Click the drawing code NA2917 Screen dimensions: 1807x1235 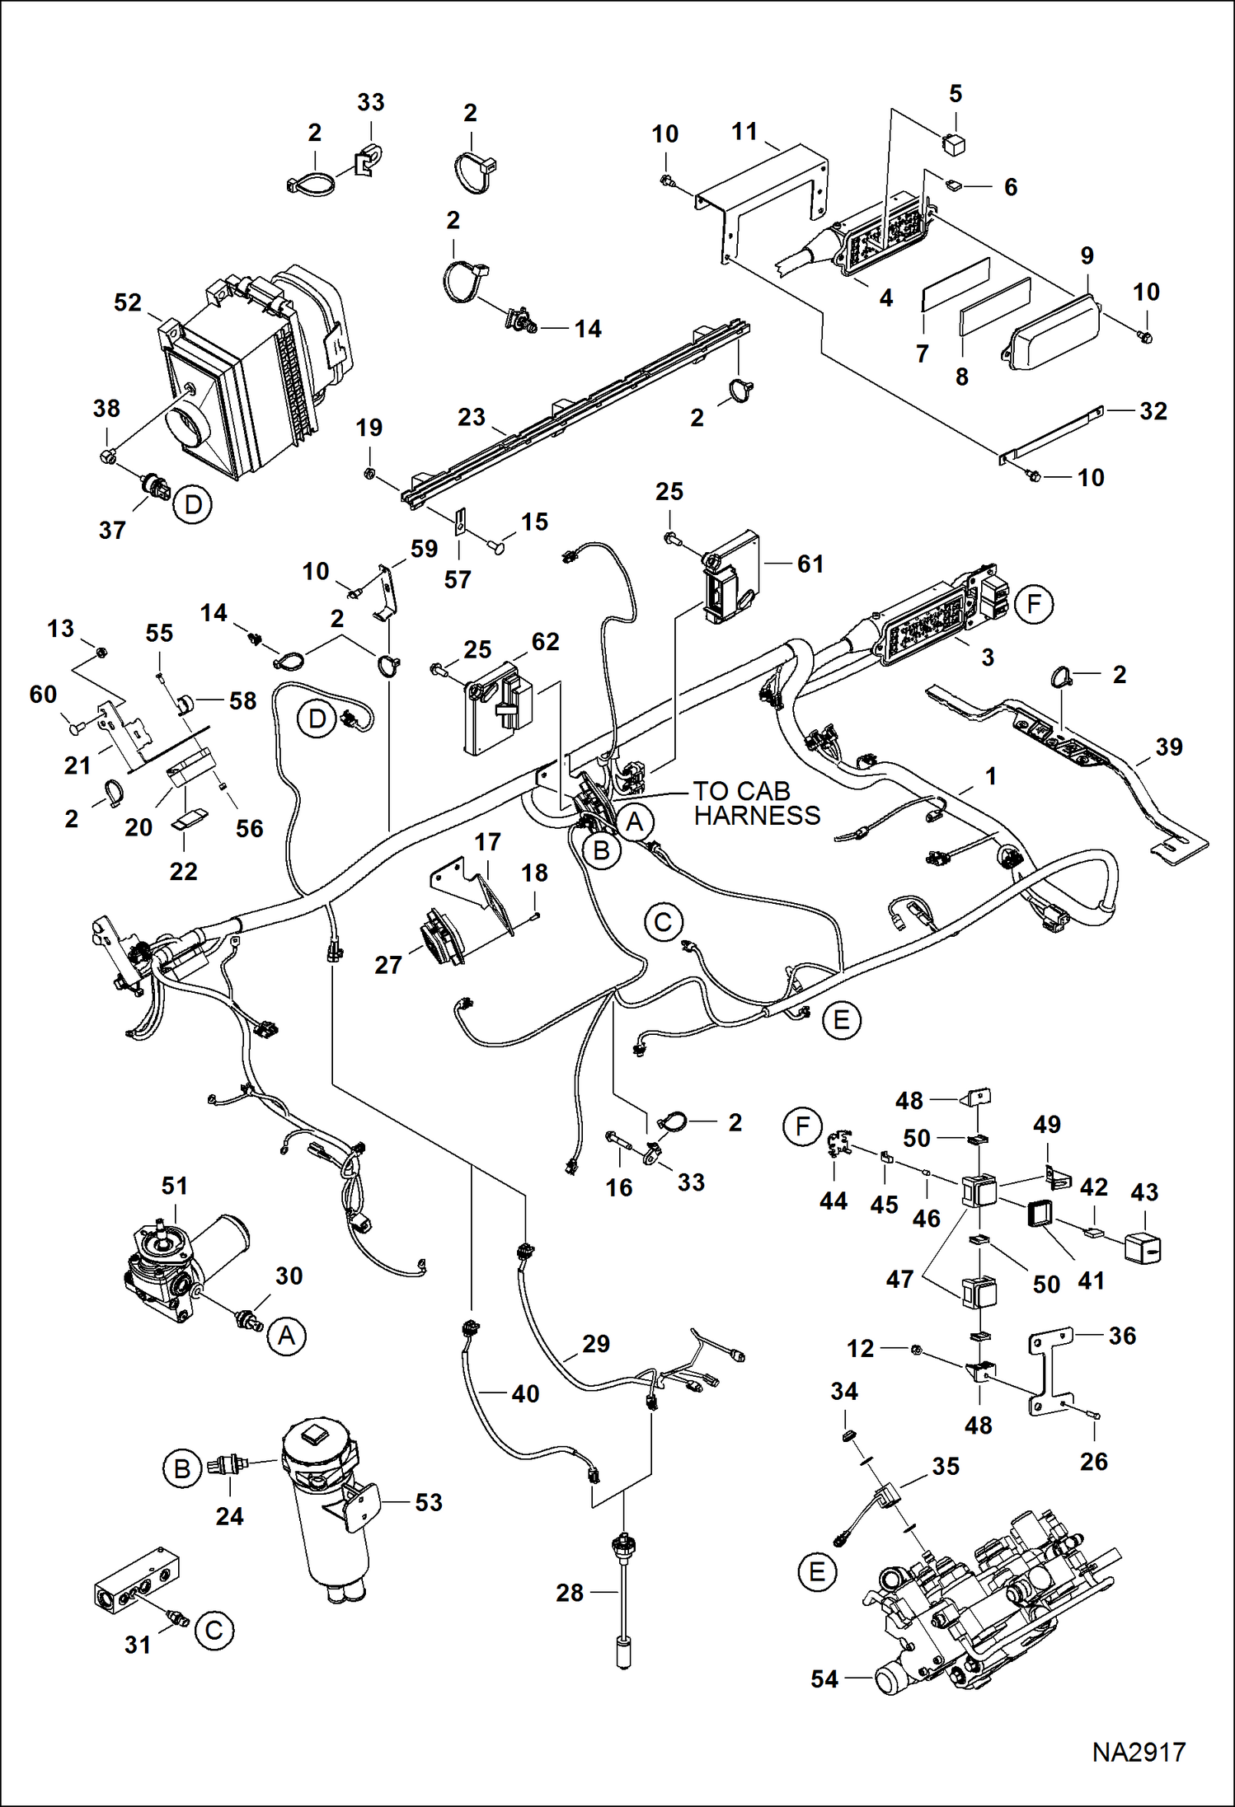(x=1139, y=1752)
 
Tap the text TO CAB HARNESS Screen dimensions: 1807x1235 (x=756, y=803)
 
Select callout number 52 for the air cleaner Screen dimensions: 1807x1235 (x=128, y=302)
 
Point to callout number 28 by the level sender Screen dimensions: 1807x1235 (x=570, y=1593)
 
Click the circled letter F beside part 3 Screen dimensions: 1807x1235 (x=1034, y=605)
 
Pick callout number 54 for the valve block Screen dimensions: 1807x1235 (x=824, y=1678)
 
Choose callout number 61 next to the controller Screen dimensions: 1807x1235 (x=810, y=564)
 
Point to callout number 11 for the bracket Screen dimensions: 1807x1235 (x=744, y=132)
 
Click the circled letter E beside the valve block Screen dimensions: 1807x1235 (x=817, y=1572)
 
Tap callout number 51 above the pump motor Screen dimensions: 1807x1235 (x=175, y=1186)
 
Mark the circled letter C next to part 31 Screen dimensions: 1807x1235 (x=214, y=1631)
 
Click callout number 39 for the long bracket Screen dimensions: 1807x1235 (x=1168, y=747)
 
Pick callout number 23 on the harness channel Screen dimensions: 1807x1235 (x=472, y=417)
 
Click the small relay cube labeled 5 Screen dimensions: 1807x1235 (x=956, y=145)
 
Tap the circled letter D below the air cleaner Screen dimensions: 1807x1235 (x=193, y=504)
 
